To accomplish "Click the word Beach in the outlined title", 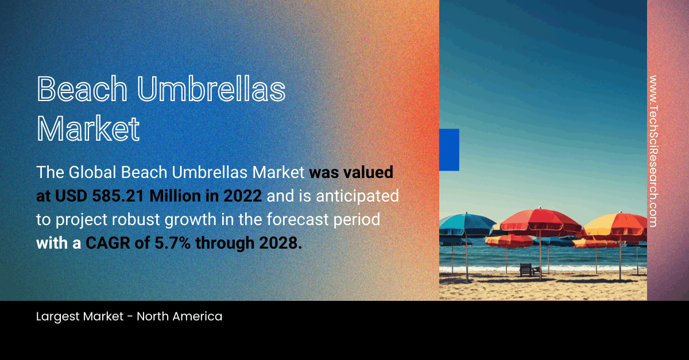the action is tap(82, 89).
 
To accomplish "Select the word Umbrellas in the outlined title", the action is tap(211, 89).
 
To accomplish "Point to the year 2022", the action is tap(242, 196).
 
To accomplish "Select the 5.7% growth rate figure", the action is tap(173, 243).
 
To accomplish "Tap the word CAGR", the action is tap(108, 243).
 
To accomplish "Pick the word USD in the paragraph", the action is tap(71, 196).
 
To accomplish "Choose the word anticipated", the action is tap(357, 196).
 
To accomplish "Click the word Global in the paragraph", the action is tap(92, 172).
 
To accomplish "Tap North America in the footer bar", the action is tap(179, 316).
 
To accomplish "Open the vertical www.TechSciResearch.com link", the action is tap(653, 151).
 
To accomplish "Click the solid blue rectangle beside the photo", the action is tap(449, 150).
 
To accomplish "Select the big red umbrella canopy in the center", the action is tap(540, 221).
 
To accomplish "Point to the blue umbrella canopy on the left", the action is tap(467, 224).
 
